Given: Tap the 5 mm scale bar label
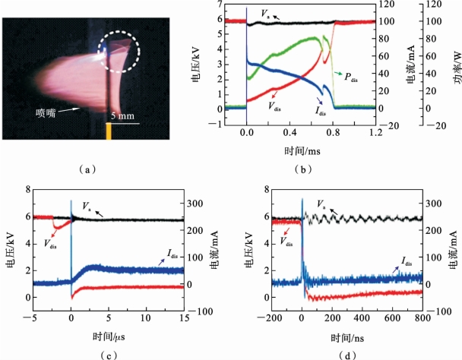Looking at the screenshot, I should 123,115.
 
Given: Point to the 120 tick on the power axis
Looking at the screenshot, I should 435,4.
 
